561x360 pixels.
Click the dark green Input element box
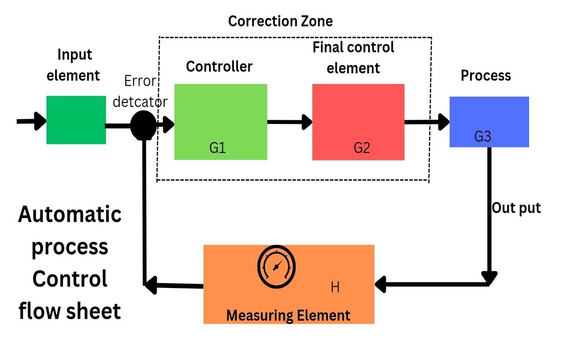pos(76,120)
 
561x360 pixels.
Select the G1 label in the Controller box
pos(218,148)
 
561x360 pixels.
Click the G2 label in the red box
pos(361,148)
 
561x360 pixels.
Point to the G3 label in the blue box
pos(482,137)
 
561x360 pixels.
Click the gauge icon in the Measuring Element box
pos(276,266)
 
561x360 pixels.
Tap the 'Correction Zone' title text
pos(280,21)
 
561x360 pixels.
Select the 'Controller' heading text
pos(219,67)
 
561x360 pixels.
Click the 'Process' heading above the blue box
pos(486,76)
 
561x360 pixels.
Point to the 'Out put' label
pos(516,208)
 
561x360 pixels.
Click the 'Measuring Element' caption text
pos(288,316)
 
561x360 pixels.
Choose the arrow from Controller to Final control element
pos(290,122)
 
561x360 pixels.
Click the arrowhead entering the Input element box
pos(39,121)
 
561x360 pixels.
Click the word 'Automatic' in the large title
pos(70,215)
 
